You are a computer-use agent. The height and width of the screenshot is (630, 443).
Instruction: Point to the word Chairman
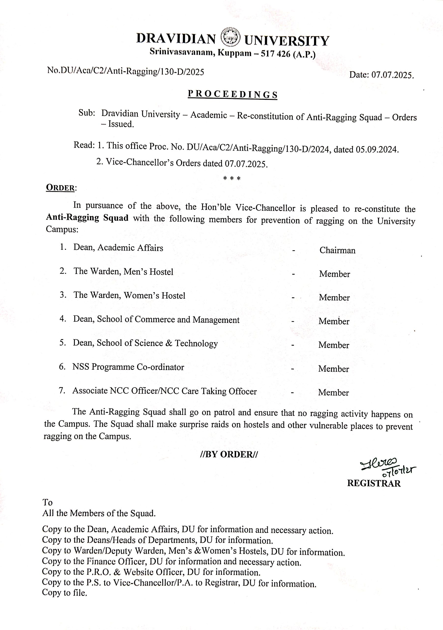point(337,250)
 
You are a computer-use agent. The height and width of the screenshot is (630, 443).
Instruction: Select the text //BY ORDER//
point(229,454)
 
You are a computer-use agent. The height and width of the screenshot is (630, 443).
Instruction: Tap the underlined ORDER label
point(60,188)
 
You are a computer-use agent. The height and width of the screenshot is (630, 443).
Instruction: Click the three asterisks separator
point(232,178)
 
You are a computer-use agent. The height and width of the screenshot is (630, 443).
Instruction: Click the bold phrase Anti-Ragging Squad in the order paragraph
point(87,218)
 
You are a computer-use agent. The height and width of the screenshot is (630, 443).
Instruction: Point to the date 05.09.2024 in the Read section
point(377,150)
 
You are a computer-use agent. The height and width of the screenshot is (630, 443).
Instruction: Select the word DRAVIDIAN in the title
point(176,39)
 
